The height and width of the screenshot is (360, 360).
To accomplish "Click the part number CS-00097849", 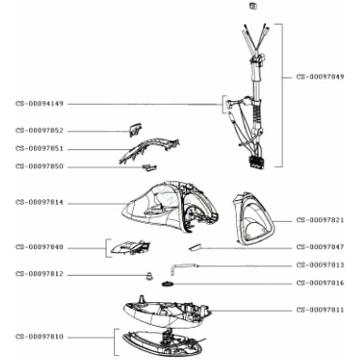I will (320, 77).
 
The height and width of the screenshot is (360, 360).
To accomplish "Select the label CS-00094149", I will (40, 104).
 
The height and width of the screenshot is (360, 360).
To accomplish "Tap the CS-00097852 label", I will (40, 131).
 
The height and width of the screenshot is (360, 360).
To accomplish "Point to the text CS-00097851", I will (40, 149).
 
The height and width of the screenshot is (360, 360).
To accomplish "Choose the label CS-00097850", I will (40, 167).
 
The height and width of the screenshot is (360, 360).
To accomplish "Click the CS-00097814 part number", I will (40, 203).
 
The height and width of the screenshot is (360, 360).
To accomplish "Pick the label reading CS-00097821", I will (320, 220).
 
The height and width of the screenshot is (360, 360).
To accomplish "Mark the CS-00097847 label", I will (320, 247).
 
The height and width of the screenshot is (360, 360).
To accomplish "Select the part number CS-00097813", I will (320, 265).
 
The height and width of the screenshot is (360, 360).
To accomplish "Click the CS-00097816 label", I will (320, 283).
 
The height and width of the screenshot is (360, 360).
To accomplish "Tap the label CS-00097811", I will (320, 310).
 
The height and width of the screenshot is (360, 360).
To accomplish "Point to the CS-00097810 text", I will (40, 337).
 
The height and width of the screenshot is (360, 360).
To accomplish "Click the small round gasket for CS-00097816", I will (168, 284).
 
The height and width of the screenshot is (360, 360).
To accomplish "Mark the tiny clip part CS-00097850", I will (149, 167).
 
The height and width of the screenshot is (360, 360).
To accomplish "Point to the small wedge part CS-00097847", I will (195, 247).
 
